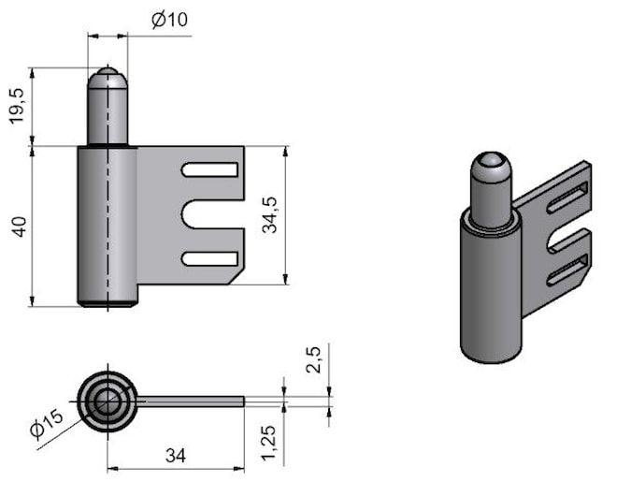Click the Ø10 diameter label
pos(169,20)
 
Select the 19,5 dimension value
pos(18,107)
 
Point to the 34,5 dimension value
pos(270,215)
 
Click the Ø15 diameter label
pos(47,424)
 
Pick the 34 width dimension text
pos(176,456)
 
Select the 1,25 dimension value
pos(269,443)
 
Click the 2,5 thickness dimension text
pos(314,360)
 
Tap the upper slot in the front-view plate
pos(209,169)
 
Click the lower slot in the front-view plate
pos(209,258)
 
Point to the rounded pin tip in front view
pos(108,77)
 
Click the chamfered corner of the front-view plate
pos(237,276)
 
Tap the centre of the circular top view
pos(107,402)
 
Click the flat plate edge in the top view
pos(191,402)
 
